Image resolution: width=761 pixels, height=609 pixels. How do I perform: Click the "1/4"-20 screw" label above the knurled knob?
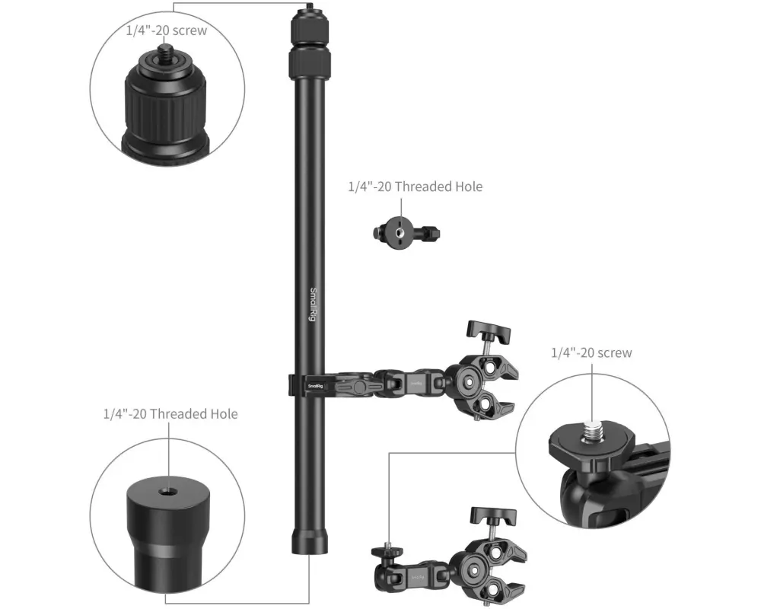(167, 30)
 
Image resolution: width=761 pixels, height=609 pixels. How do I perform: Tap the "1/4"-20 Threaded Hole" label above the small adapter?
(416, 187)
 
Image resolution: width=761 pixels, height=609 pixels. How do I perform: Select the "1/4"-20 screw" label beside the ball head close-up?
(591, 352)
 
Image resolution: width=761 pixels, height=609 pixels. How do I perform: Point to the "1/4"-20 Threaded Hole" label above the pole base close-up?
(170, 414)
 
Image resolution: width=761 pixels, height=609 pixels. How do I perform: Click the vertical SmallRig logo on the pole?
(313, 304)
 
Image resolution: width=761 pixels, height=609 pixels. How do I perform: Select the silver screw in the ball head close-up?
(592, 431)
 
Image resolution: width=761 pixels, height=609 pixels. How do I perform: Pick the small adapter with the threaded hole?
(406, 231)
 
